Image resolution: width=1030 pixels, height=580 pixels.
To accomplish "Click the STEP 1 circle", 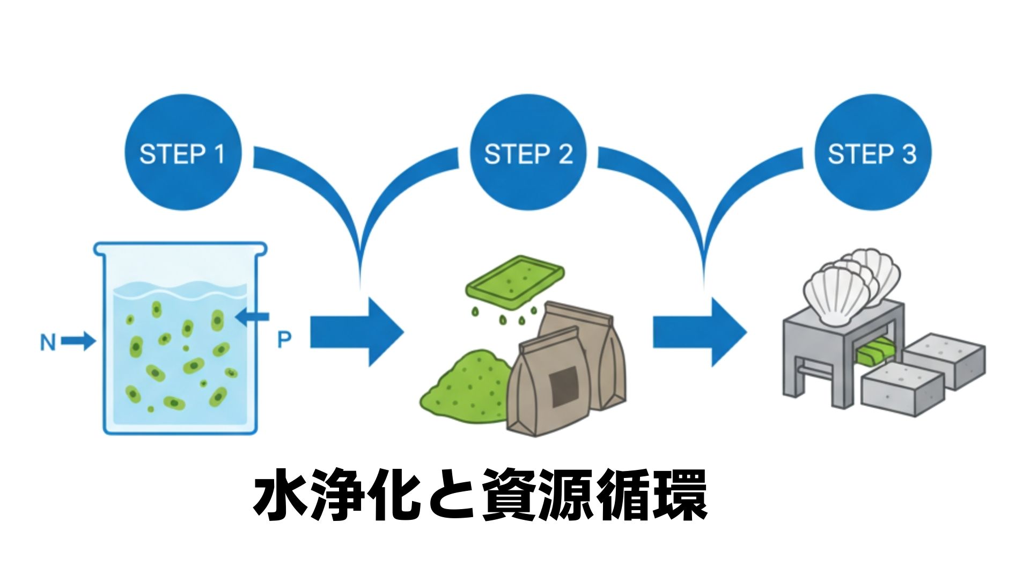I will coord(182,154).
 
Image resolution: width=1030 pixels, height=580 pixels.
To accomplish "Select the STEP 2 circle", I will coord(528,154).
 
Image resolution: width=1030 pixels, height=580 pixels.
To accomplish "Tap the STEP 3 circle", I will coord(872,154).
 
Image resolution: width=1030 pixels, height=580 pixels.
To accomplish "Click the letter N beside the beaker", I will coord(48,342).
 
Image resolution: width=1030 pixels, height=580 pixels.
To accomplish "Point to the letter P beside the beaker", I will coord(284,339).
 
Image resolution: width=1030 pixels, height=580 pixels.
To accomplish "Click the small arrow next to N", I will coord(78,340).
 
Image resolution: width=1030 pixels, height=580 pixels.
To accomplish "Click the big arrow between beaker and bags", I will coord(357,331).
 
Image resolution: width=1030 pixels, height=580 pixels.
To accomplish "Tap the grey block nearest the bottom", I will coord(901,389).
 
